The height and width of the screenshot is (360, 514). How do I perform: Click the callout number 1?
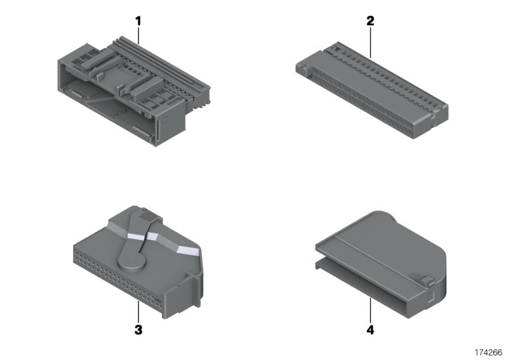tap(137, 21)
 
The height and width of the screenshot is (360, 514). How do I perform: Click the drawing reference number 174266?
tap(490, 352)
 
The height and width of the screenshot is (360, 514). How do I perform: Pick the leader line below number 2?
tap(370, 39)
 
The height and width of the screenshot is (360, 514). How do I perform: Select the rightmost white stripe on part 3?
tap(188, 249)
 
